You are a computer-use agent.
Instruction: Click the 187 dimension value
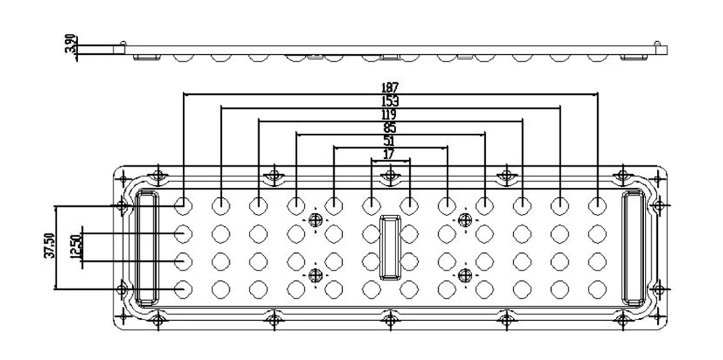coord(390,87)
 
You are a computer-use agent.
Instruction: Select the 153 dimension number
coord(390,102)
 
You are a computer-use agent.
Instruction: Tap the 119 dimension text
coord(389,116)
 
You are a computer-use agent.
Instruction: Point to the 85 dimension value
coord(389,128)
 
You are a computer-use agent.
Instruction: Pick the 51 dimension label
coord(389,141)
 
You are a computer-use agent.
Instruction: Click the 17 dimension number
coord(389,154)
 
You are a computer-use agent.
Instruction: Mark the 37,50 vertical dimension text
coord(48,246)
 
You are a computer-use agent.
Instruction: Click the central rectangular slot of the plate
coord(390,247)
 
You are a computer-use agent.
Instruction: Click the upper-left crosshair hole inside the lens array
coord(315,220)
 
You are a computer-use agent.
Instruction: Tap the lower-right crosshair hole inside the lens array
coord(465,275)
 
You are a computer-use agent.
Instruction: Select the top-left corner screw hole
coord(159,174)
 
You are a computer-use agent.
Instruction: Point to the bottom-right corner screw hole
coord(620,318)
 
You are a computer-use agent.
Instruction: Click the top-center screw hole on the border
coord(390,174)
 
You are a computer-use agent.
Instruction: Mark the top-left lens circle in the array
coord(184,205)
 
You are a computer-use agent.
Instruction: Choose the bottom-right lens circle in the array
coord(597,288)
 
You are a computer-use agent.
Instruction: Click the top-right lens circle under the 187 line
coord(597,205)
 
